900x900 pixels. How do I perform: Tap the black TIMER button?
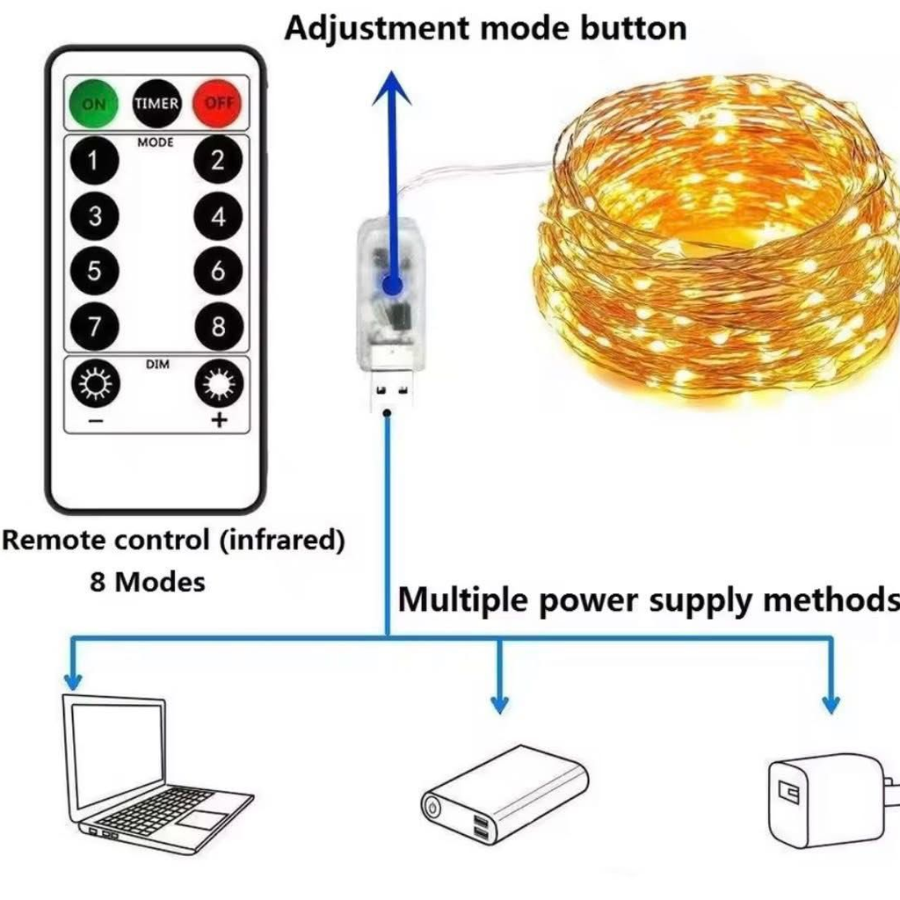156,103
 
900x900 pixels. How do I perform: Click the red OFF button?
217,103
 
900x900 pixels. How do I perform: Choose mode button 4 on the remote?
218,216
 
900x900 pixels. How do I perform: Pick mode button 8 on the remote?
218,327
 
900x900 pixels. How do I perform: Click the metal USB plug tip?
388,392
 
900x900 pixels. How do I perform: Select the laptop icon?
149,773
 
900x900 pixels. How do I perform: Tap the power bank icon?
505,795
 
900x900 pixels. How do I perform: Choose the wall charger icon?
826,800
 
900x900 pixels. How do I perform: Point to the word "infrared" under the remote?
280,540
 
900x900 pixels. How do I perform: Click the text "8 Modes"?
148,581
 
